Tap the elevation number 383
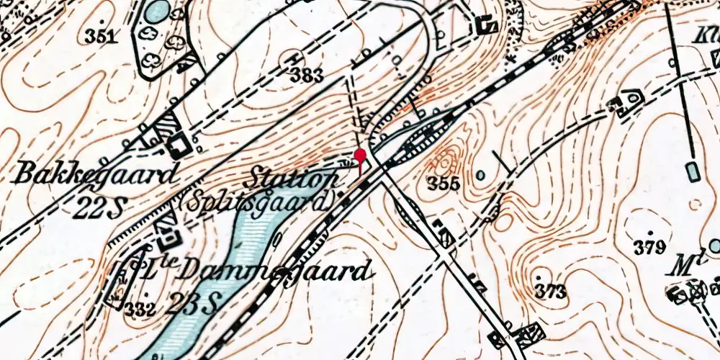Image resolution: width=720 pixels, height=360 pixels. pos(306,73)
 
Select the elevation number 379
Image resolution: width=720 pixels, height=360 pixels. pos(649,249)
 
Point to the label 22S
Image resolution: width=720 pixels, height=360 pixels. pos(98,207)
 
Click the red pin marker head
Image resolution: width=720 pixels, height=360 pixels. pos(361,156)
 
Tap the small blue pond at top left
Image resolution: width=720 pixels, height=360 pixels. pos(158,11)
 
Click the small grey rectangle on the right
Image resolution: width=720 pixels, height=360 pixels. pos(693,171)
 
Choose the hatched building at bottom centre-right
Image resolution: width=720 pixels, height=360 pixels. pos(532,333)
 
